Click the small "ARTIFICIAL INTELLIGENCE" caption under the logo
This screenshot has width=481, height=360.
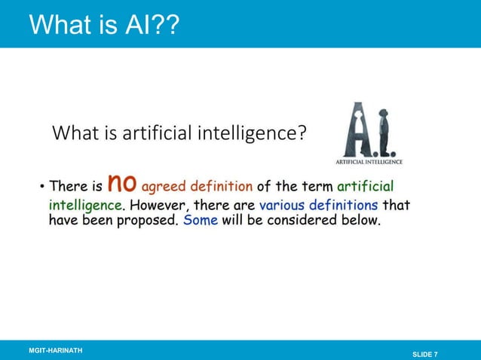click(x=369, y=161)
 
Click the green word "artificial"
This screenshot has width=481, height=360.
click(x=365, y=187)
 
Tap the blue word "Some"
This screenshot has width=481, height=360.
click(x=201, y=222)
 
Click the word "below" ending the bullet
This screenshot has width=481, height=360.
click(x=360, y=222)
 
